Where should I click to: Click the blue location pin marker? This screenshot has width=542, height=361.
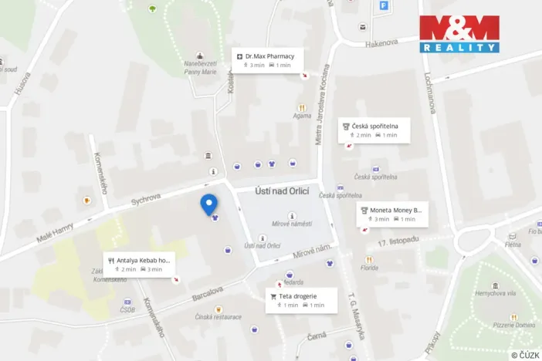click(208, 204)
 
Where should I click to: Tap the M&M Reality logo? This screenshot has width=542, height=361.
click(459, 33)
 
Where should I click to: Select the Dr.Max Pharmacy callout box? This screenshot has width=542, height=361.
click(268, 60)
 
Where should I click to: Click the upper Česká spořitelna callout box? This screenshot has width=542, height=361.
click(374, 130)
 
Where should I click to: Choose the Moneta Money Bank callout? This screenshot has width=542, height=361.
click(392, 214)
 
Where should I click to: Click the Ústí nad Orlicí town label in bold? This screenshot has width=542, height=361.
click(283, 191)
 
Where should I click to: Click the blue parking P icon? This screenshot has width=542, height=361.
click(384, 6)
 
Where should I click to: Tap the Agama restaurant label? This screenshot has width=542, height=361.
click(302, 117)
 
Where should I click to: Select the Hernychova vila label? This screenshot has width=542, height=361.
click(495, 293)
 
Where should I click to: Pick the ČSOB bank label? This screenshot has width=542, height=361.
click(127, 311)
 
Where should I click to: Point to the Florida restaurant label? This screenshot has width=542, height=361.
click(368, 268)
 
